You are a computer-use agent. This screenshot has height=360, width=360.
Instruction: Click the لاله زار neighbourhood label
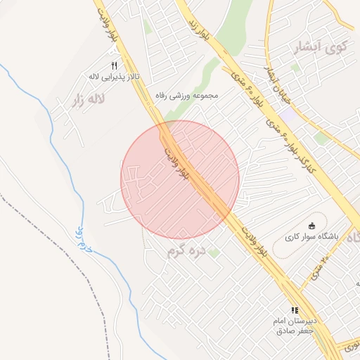pyautogui.click(x=86, y=100)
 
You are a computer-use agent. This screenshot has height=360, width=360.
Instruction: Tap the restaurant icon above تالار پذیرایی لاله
pyautogui.click(x=112, y=65)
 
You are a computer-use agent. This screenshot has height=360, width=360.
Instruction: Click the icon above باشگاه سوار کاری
pyautogui.click(x=311, y=226)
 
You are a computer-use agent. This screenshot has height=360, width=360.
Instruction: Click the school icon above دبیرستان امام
pyautogui.click(x=295, y=309)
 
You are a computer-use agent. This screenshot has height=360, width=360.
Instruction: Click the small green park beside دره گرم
pyautogui.click(x=214, y=252)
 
